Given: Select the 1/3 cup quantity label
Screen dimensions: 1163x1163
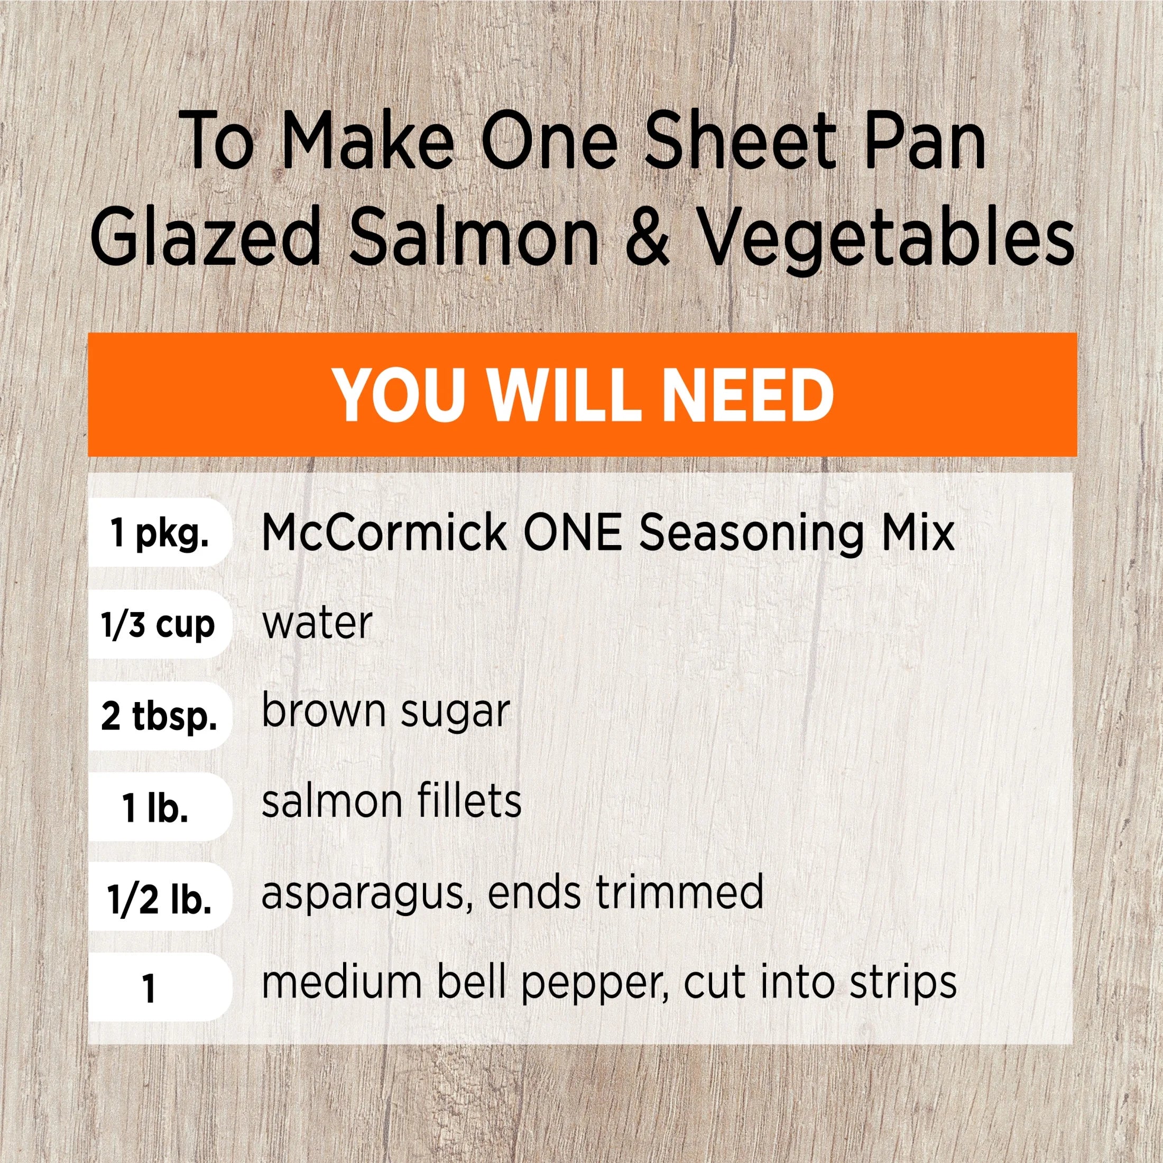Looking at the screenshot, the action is pos(157,625).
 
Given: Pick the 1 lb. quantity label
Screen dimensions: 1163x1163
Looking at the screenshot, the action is pos(155,808).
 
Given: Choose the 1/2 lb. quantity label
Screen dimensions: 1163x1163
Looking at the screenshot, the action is pos(160,900).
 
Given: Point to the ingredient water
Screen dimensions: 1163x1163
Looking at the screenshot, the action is pos(317,624).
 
